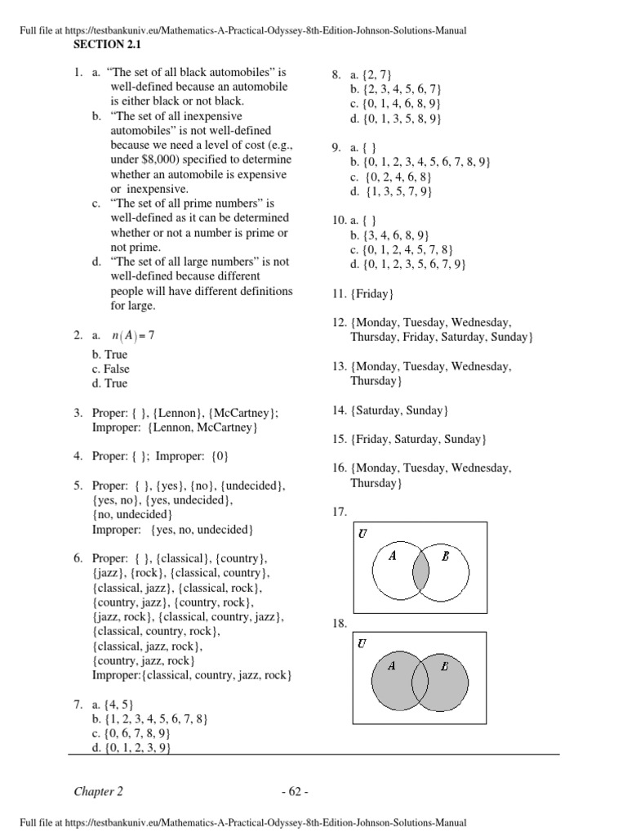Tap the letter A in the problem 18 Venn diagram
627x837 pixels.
click(392, 665)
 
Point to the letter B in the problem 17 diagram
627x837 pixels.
click(446, 556)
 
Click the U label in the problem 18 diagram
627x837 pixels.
click(362, 643)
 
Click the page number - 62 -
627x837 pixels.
click(294, 791)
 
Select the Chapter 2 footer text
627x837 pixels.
click(99, 791)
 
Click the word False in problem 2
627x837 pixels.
click(116, 369)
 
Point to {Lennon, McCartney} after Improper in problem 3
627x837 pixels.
click(204, 427)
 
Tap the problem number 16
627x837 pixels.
click(339, 468)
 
